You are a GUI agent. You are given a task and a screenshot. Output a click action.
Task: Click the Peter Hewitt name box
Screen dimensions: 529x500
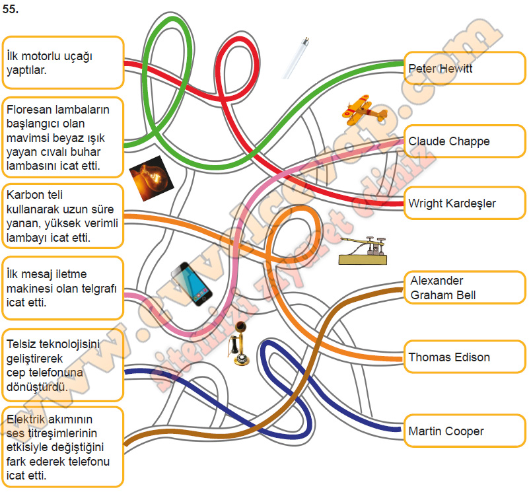pyautogui.click(x=464, y=68)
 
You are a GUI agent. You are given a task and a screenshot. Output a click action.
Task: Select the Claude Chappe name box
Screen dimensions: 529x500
pyautogui.click(x=464, y=141)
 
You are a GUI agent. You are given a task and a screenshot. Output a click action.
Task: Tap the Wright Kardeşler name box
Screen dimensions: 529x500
pyautogui.click(x=464, y=203)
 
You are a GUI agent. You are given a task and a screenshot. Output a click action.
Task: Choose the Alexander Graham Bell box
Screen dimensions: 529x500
pyautogui.click(x=464, y=287)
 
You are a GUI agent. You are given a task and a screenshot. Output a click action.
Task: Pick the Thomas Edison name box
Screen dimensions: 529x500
pyautogui.click(x=464, y=357)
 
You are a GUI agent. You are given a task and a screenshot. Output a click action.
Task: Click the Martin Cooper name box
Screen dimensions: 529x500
pyautogui.click(x=464, y=431)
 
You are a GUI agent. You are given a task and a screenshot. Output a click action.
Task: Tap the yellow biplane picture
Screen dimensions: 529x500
pyautogui.click(x=364, y=110)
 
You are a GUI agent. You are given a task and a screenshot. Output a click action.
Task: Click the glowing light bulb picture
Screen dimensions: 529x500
pyautogui.click(x=151, y=178)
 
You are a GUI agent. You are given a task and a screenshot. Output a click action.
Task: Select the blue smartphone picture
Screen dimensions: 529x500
pyautogui.click(x=192, y=284)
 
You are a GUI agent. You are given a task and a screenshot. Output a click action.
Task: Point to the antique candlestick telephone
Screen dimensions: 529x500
pyautogui.click(x=239, y=343)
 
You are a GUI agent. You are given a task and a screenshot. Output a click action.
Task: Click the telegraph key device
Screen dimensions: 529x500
pyautogui.click(x=363, y=251)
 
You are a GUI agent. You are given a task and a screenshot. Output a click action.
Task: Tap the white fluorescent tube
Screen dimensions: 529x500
pyautogui.click(x=295, y=58)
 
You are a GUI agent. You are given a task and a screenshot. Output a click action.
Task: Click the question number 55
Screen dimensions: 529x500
pyautogui.click(x=10, y=9)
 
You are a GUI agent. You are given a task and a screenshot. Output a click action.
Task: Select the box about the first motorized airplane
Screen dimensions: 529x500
pyautogui.click(x=63, y=63)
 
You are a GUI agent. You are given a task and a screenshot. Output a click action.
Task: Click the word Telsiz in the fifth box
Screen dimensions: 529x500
pyautogui.click(x=22, y=344)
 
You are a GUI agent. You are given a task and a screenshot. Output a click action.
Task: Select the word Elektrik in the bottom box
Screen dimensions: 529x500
pyautogui.click(x=26, y=419)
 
